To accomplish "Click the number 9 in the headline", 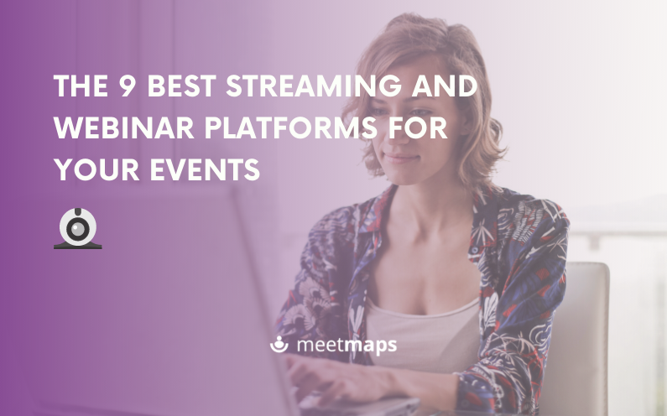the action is pyautogui.click(x=127, y=86).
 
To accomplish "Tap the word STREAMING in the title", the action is pyautogui.click(x=314, y=86).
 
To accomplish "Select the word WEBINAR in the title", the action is pyautogui.click(x=124, y=127).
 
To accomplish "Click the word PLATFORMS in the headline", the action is pyautogui.click(x=291, y=127).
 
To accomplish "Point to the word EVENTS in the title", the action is pyautogui.click(x=205, y=169).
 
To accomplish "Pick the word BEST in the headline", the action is pyautogui.click(x=181, y=86).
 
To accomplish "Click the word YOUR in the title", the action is pyautogui.click(x=96, y=169).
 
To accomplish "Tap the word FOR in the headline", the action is pyautogui.click(x=418, y=127).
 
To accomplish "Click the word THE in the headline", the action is pyautogui.click(x=81, y=86).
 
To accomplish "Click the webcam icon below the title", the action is pyautogui.click(x=78, y=228).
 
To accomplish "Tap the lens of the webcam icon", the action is pyautogui.click(x=78, y=229).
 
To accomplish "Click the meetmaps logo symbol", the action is pyautogui.click(x=279, y=344).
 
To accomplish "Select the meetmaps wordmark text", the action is pyautogui.click(x=347, y=345).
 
